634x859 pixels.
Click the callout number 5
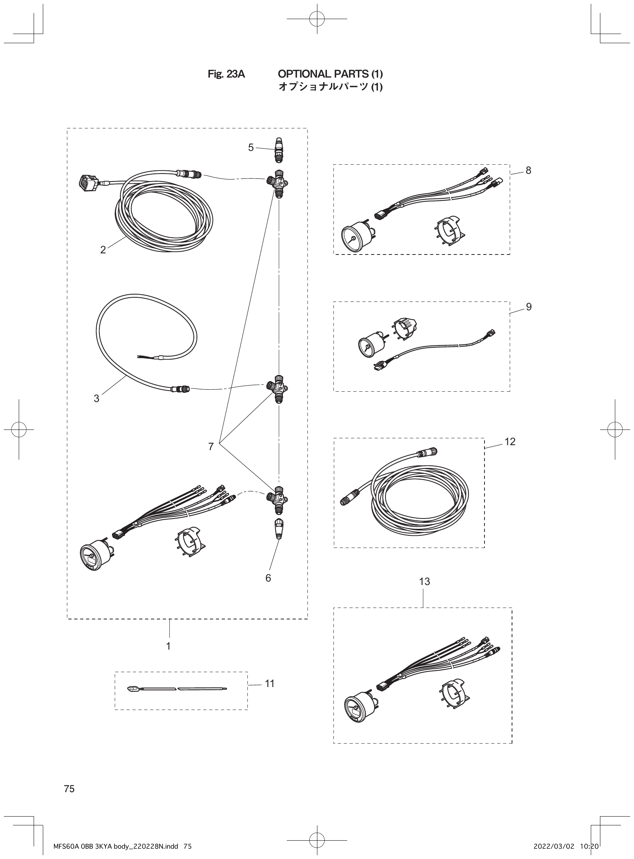point(250,147)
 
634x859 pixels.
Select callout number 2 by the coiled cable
point(103,250)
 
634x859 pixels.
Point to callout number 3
point(96,399)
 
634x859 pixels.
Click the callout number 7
point(211,447)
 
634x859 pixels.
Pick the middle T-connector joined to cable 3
point(278,388)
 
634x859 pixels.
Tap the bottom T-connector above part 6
point(278,498)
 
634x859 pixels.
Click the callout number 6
point(268,578)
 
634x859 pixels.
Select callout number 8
point(528,171)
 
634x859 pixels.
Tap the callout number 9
point(529,307)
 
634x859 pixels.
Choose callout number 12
point(510,442)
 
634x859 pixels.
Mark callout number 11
point(270,684)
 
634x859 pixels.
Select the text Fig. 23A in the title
point(226,74)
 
